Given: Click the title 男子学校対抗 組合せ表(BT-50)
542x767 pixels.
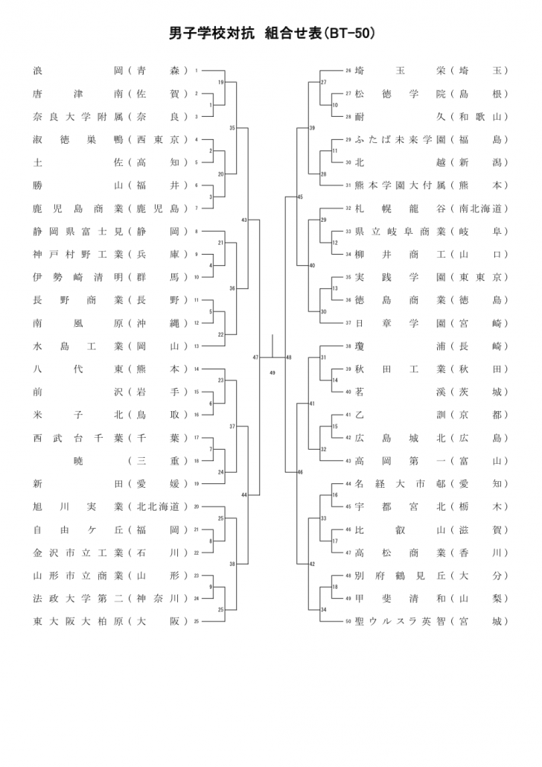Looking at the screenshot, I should point(271,34).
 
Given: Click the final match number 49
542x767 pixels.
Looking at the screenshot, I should point(272,372).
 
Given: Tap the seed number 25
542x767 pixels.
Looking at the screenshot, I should point(197,621).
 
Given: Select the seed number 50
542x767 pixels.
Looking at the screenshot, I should point(348,621).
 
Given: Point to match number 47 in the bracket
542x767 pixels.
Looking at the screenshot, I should point(255,357).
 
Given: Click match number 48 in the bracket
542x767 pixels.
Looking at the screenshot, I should point(289,357).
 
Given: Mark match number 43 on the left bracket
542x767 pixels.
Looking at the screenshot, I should point(244,220).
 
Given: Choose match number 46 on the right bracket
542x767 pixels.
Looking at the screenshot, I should point(300,472).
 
